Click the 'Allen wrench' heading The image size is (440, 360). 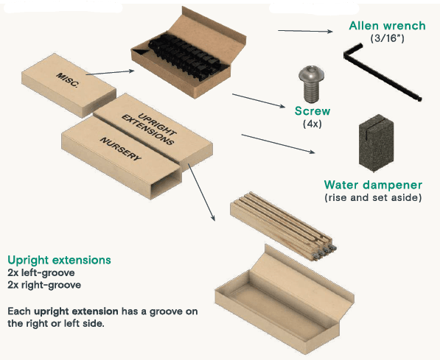[387, 26]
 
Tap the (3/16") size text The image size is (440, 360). [387, 38]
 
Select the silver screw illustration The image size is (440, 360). [311, 84]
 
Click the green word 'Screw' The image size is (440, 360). [312, 111]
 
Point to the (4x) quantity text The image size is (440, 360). [312, 124]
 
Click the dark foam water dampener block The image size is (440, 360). [376, 143]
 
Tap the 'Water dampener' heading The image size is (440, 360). [373, 185]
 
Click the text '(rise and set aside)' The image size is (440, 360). [373, 197]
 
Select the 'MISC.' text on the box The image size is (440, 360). [67, 80]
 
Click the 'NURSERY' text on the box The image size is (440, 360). [121, 149]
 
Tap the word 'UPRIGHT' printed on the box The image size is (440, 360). [158, 124]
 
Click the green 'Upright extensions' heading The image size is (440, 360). [59, 260]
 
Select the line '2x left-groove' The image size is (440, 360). [41, 272]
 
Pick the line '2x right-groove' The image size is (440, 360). [44, 285]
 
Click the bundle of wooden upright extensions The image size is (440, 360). [283, 226]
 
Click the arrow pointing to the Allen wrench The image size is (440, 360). [305, 31]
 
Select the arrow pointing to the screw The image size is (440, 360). [259, 100]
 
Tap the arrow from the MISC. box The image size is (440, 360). [110, 73]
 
